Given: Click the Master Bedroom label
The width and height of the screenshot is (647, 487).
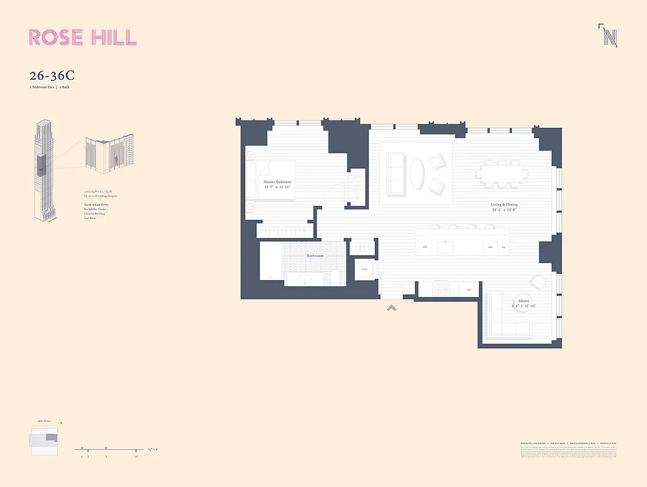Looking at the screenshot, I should pyautogui.click(x=277, y=182).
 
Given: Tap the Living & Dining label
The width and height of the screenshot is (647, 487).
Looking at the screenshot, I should pyautogui.click(x=505, y=205).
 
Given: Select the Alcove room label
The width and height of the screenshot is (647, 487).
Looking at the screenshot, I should pyautogui.click(x=523, y=301).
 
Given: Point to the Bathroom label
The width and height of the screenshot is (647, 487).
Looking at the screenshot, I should pyautogui.click(x=315, y=256).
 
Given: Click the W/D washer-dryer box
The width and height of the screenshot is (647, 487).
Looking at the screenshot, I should pyautogui.click(x=365, y=269).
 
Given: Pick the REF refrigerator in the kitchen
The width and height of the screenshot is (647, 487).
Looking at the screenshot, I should pyautogui.click(x=468, y=290).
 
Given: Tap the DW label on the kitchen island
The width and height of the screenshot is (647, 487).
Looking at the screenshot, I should pyautogui.click(x=425, y=247).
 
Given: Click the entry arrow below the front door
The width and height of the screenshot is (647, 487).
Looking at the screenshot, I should pyautogui.click(x=393, y=308).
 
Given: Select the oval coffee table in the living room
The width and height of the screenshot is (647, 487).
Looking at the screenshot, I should pyautogui.click(x=417, y=173).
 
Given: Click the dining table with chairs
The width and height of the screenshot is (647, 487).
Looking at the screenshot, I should pyautogui.click(x=502, y=173).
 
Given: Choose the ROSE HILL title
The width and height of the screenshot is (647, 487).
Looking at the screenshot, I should pyautogui.click(x=83, y=37).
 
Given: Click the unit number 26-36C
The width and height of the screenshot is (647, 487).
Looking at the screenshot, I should pyautogui.click(x=52, y=76).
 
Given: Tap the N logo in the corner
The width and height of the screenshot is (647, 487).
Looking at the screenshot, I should pyautogui.click(x=609, y=36).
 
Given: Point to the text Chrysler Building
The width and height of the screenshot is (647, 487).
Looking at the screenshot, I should pyautogui.click(x=94, y=213).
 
